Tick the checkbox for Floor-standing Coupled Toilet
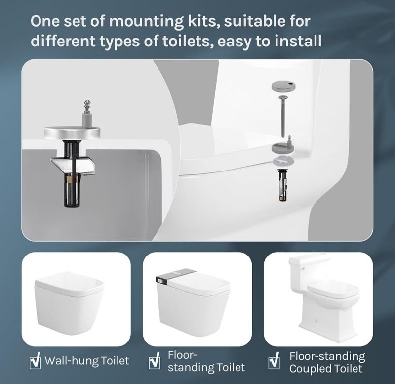(x=274, y=361)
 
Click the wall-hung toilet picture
(x=69, y=303)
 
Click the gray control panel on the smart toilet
(x=176, y=276)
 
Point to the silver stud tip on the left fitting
(x=87, y=104)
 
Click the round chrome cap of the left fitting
(x=72, y=131)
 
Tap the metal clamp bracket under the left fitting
(x=73, y=165)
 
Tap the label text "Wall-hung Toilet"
(x=87, y=361)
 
